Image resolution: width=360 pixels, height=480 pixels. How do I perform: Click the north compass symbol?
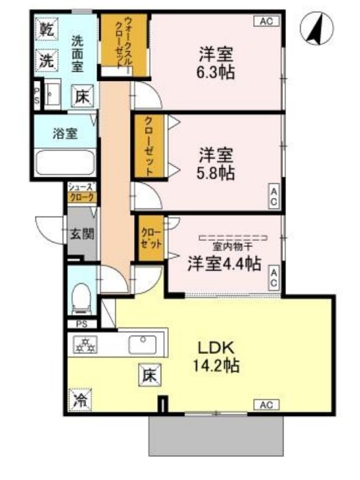tap(317, 28)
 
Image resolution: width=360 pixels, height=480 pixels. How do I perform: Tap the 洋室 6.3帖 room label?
tap(217, 62)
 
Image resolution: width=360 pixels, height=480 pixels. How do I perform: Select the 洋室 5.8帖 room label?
tap(217, 163)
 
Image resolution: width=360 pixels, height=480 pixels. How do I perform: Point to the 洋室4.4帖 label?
tap(224, 263)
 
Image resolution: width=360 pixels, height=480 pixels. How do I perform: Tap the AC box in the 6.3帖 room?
tap(267, 21)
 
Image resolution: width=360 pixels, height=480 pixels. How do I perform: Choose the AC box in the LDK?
tap(267, 405)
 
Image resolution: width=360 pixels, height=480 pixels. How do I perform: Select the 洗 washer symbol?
tap(46, 60)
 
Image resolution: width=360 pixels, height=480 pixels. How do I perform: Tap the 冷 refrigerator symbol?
tap(80, 400)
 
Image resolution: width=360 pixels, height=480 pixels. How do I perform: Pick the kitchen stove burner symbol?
tap(85, 345)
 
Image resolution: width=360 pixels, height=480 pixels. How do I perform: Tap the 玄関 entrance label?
tap(82, 234)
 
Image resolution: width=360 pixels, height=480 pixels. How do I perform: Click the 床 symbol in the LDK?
tap(150, 374)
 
